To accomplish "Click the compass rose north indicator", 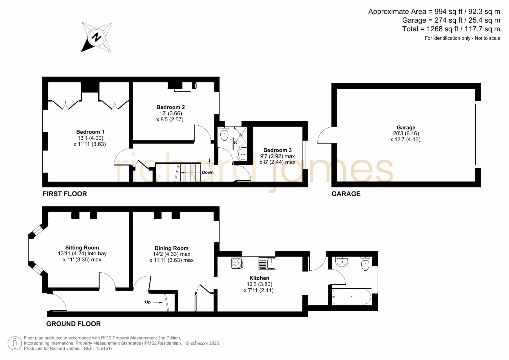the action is point(97,37).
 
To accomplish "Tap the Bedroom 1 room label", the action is point(90,132).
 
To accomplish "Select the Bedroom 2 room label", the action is point(171,107).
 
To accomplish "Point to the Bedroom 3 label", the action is point(278,150).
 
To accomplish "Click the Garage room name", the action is point(406,128).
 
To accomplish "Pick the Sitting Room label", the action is point(82,248).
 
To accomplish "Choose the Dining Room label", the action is point(171,248).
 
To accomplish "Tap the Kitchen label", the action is point(259,278).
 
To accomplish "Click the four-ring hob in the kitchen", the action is point(237,263).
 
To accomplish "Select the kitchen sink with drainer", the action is point(267,263).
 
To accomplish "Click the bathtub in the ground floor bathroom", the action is point(352,297).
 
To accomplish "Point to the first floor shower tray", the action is point(241,135).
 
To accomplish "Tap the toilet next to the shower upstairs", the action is point(224,134).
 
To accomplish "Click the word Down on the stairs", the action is point(208,172).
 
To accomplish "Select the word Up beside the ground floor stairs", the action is point(148,302).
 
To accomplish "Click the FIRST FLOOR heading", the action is point(65,194).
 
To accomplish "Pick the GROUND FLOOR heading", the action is point(74,324).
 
